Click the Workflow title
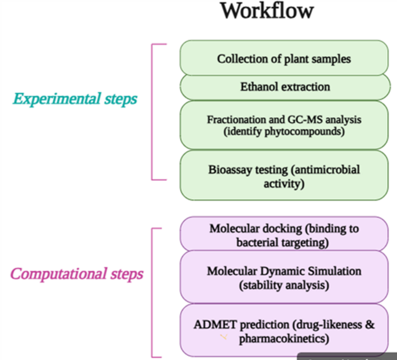click(267, 12)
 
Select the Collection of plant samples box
click(284, 58)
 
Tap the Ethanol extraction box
click(284, 87)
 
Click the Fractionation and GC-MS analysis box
click(284, 125)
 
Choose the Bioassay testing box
click(284, 176)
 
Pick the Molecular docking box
click(284, 234)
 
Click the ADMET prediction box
click(284, 330)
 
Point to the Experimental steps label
click(75, 99)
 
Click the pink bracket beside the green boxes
click(152, 111)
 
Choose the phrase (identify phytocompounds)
click(284, 131)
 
